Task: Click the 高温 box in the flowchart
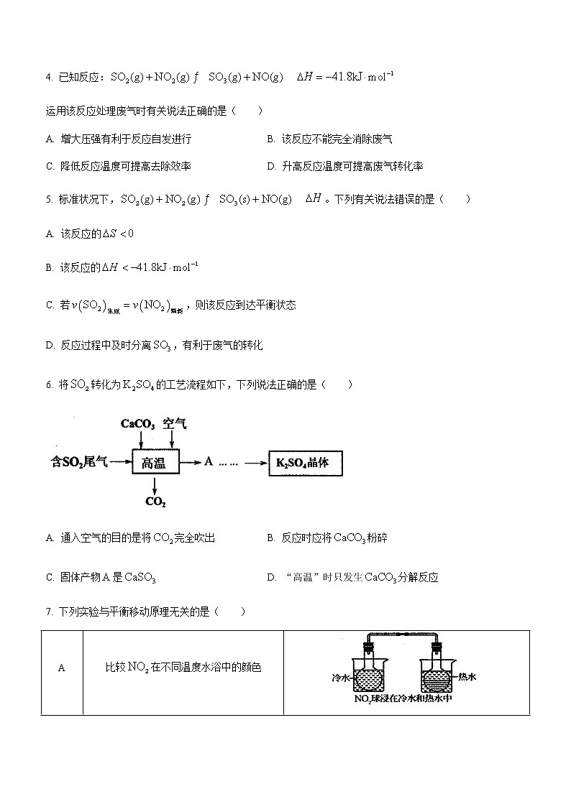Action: tap(153, 464)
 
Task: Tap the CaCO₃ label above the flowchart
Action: tap(138, 424)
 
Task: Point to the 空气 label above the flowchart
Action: tap(174, 424)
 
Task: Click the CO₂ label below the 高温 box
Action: tap(155, 502)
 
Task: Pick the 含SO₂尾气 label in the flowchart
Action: tap(79, 463)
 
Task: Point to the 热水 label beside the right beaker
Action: tap(468, 676)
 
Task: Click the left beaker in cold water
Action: tap(372, 672)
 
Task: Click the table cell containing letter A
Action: tap(62, 668)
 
